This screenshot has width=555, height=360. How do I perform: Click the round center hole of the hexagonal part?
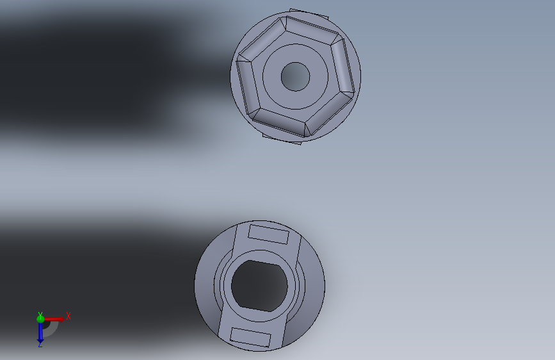click(x=295, y=76)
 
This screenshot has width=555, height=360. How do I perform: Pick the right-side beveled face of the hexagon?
click(x=342, y=67)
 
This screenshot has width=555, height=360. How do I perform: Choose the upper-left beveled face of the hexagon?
click(x=262, y=39)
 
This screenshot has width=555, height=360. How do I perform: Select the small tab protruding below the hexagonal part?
click(x=282, y=139)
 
